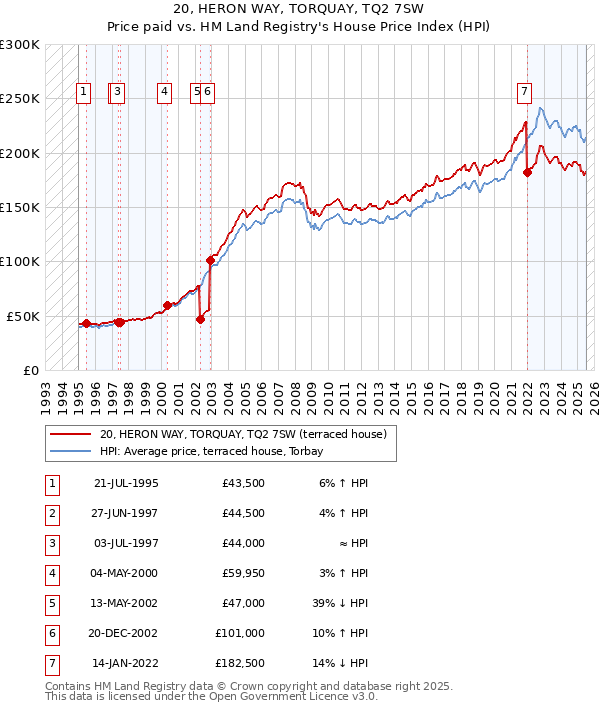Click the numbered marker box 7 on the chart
point(524,92)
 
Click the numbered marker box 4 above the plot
point(163,92)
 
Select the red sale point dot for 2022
point(527,172)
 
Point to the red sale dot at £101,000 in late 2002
point(211,260)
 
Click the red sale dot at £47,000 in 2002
point(200,319)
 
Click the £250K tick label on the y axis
point(20,99)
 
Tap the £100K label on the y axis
point(20,261)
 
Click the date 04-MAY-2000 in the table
point(125,573)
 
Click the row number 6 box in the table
point(52,633)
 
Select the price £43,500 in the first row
point(245,484)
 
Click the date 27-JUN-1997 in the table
point(125,514)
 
